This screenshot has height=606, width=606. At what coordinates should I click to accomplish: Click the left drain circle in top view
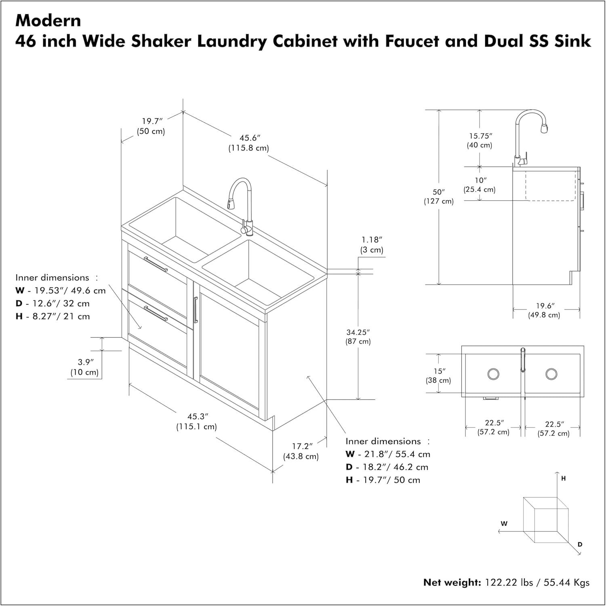pos(493,374)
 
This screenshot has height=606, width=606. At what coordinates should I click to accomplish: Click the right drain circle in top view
pos(551,374)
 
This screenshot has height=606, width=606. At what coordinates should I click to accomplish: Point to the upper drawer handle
pos(156,264)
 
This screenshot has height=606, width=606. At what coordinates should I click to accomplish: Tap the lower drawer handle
pos(156,314)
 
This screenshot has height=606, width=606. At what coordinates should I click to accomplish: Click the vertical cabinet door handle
pos(196,310)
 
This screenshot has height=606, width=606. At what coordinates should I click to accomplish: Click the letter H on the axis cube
pos(564,478)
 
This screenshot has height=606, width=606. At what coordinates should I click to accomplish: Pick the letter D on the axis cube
pos(580,545)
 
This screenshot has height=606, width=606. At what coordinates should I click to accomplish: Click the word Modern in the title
pos(48,20)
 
